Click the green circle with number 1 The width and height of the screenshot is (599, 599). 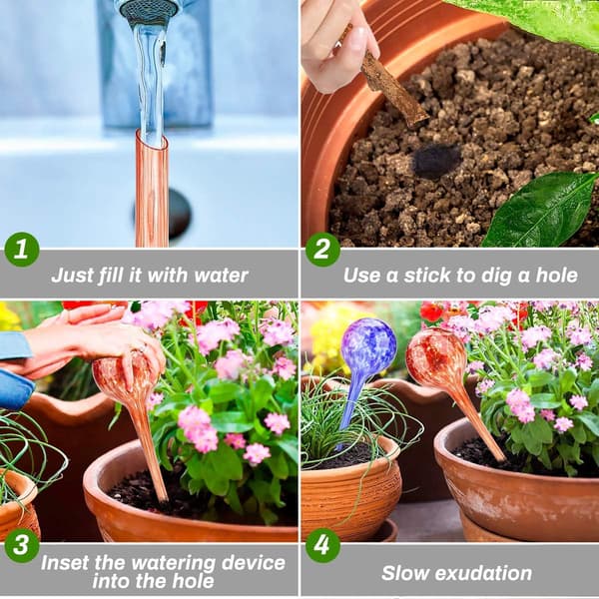(x=21, y=249)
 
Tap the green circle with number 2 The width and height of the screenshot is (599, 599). (x=322, y=249)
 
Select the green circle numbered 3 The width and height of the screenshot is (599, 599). (x=21, y=545)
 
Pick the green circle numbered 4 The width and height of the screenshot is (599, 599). (x=322, y=545)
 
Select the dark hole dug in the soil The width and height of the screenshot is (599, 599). (x=437, y=161)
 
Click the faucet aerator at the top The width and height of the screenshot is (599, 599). (x=148, y=11)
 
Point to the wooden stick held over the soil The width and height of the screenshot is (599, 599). (x=388, y=84)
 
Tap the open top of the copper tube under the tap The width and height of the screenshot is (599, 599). (x=152, y=139)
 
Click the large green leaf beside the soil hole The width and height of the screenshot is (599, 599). (x=540, y=209)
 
